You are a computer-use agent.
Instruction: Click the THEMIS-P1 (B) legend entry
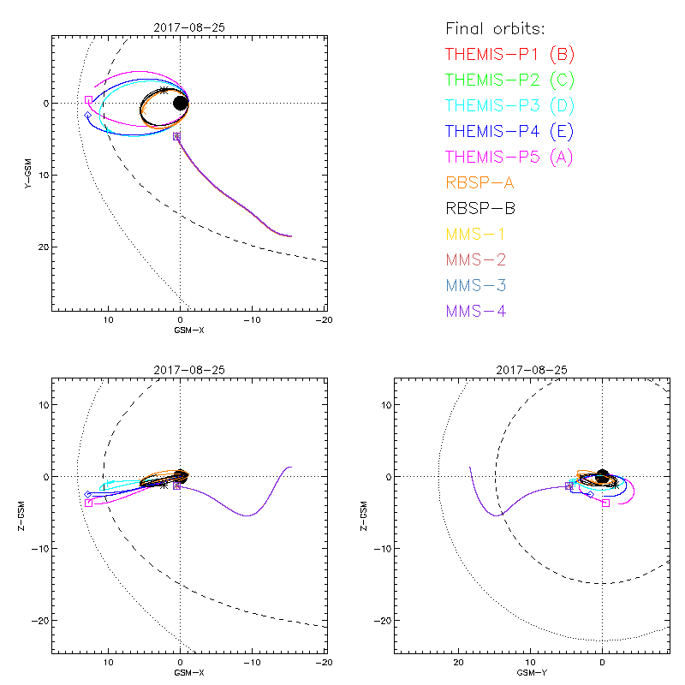click(509, 55)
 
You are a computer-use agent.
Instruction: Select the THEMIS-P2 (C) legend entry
click(509, 80)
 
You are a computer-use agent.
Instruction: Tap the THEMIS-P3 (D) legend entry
click(509, 106)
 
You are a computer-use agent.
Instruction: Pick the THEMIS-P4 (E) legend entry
click(509, 132)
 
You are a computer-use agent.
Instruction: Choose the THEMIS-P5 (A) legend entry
click(509, 158)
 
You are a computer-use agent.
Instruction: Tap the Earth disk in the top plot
click(181, 103)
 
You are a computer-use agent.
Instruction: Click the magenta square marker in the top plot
click(88, 100)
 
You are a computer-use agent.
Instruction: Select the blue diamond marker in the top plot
click(87, 115)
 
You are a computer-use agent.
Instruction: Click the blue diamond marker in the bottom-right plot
click(590, 494)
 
